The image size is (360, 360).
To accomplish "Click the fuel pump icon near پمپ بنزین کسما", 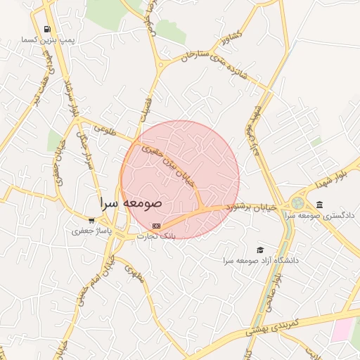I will pyautogui.click(x=47, y=30).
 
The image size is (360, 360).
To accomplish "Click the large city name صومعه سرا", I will pyautogui.click(x=131, y=202).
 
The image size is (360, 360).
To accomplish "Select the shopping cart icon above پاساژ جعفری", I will pyautogui.click(x=91, y=220).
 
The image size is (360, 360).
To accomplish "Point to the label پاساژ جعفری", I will pyautogui.click(x=91, y=231).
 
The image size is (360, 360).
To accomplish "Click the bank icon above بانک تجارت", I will pyautogui.click(x=155, y=225).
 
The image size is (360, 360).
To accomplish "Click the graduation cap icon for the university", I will pyautogui.click(x=260, y=250).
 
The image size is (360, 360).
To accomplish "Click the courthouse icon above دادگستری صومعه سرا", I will pyautogui.click(x=320, y=205).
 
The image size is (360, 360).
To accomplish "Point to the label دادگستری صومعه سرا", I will pyautogui.click(x=325, y=215).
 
